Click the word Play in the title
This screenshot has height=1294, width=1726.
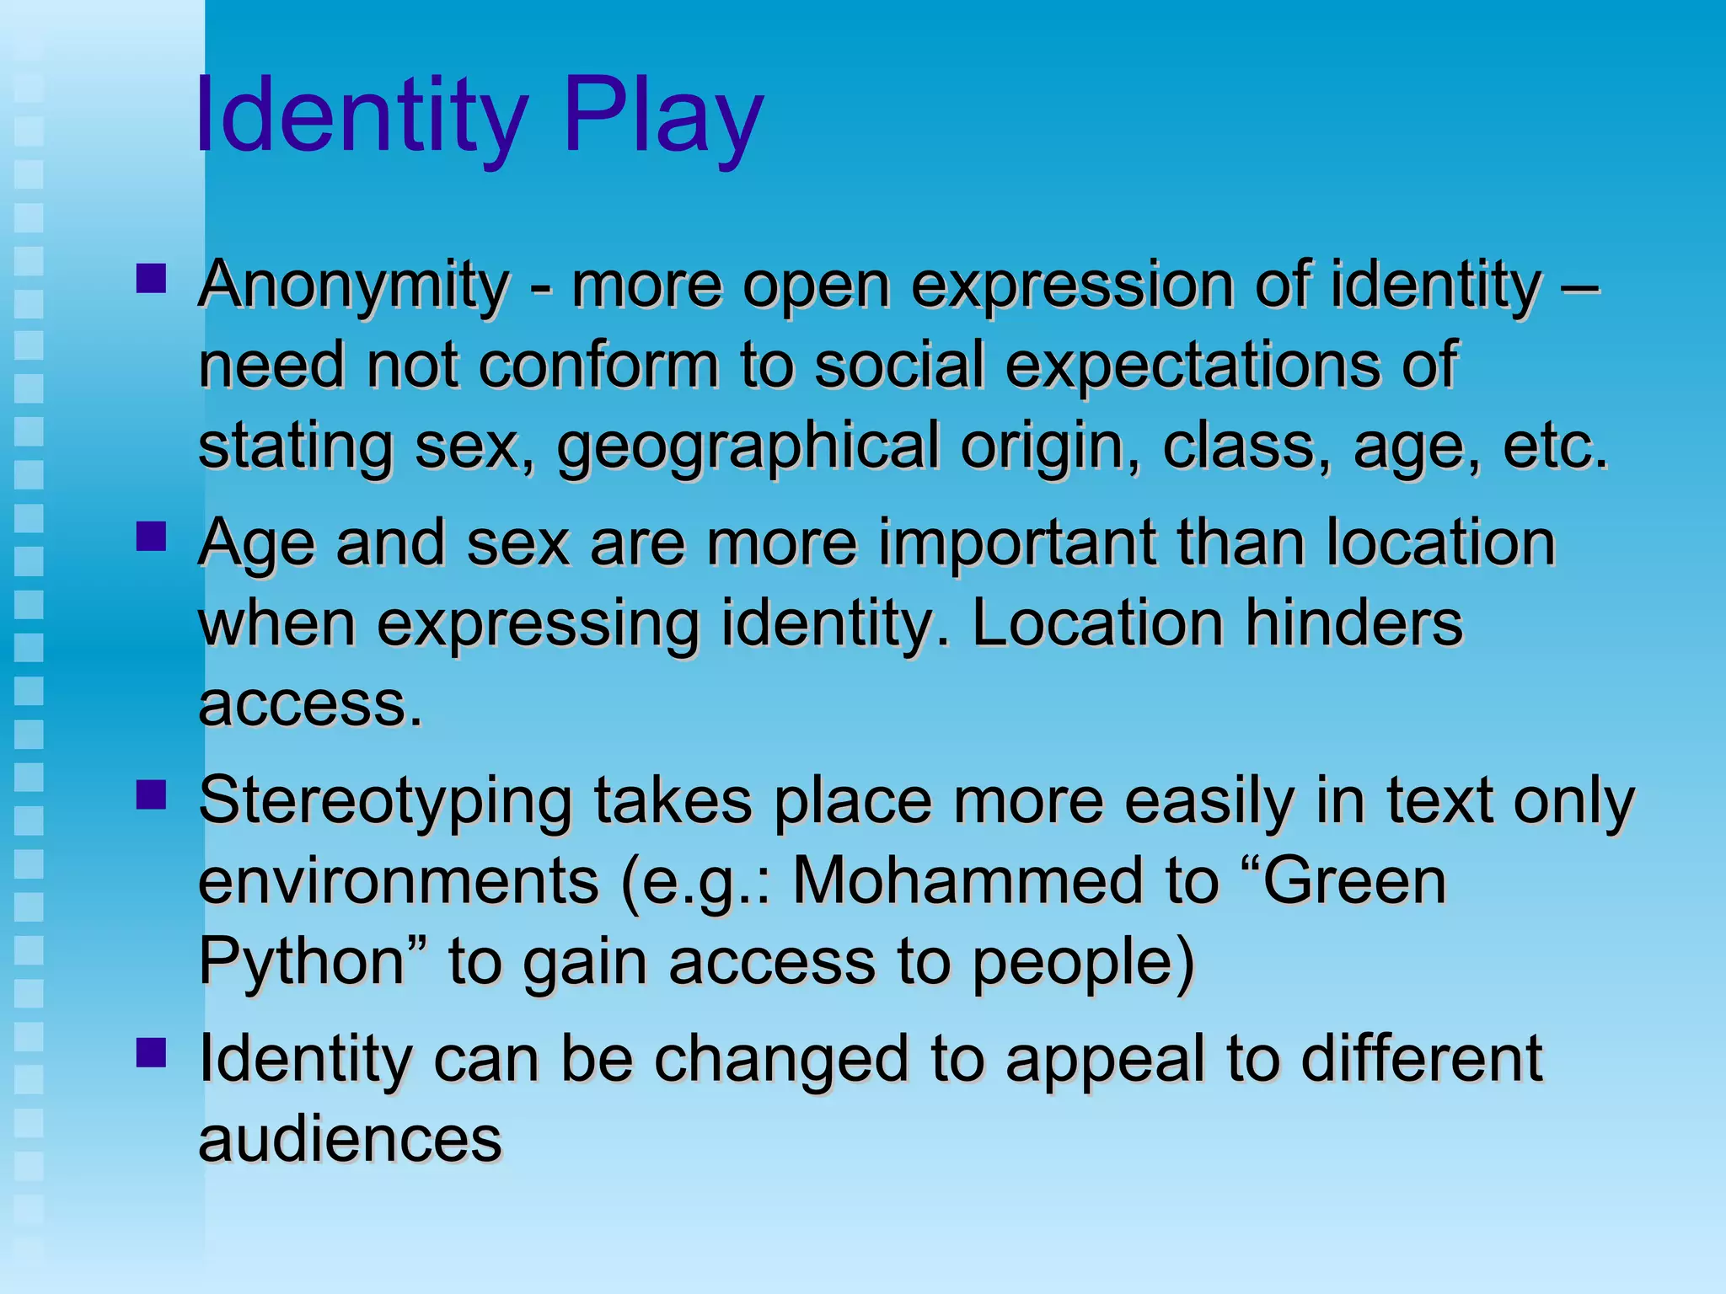(663, 115)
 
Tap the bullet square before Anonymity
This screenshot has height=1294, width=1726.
(151, 279)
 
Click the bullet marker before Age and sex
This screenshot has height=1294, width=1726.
(151, 537)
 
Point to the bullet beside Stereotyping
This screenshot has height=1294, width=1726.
(151, 794)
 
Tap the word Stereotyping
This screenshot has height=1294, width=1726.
(385, 801)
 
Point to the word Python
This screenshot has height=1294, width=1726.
(301, 962)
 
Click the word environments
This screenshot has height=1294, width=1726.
(398, 881)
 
